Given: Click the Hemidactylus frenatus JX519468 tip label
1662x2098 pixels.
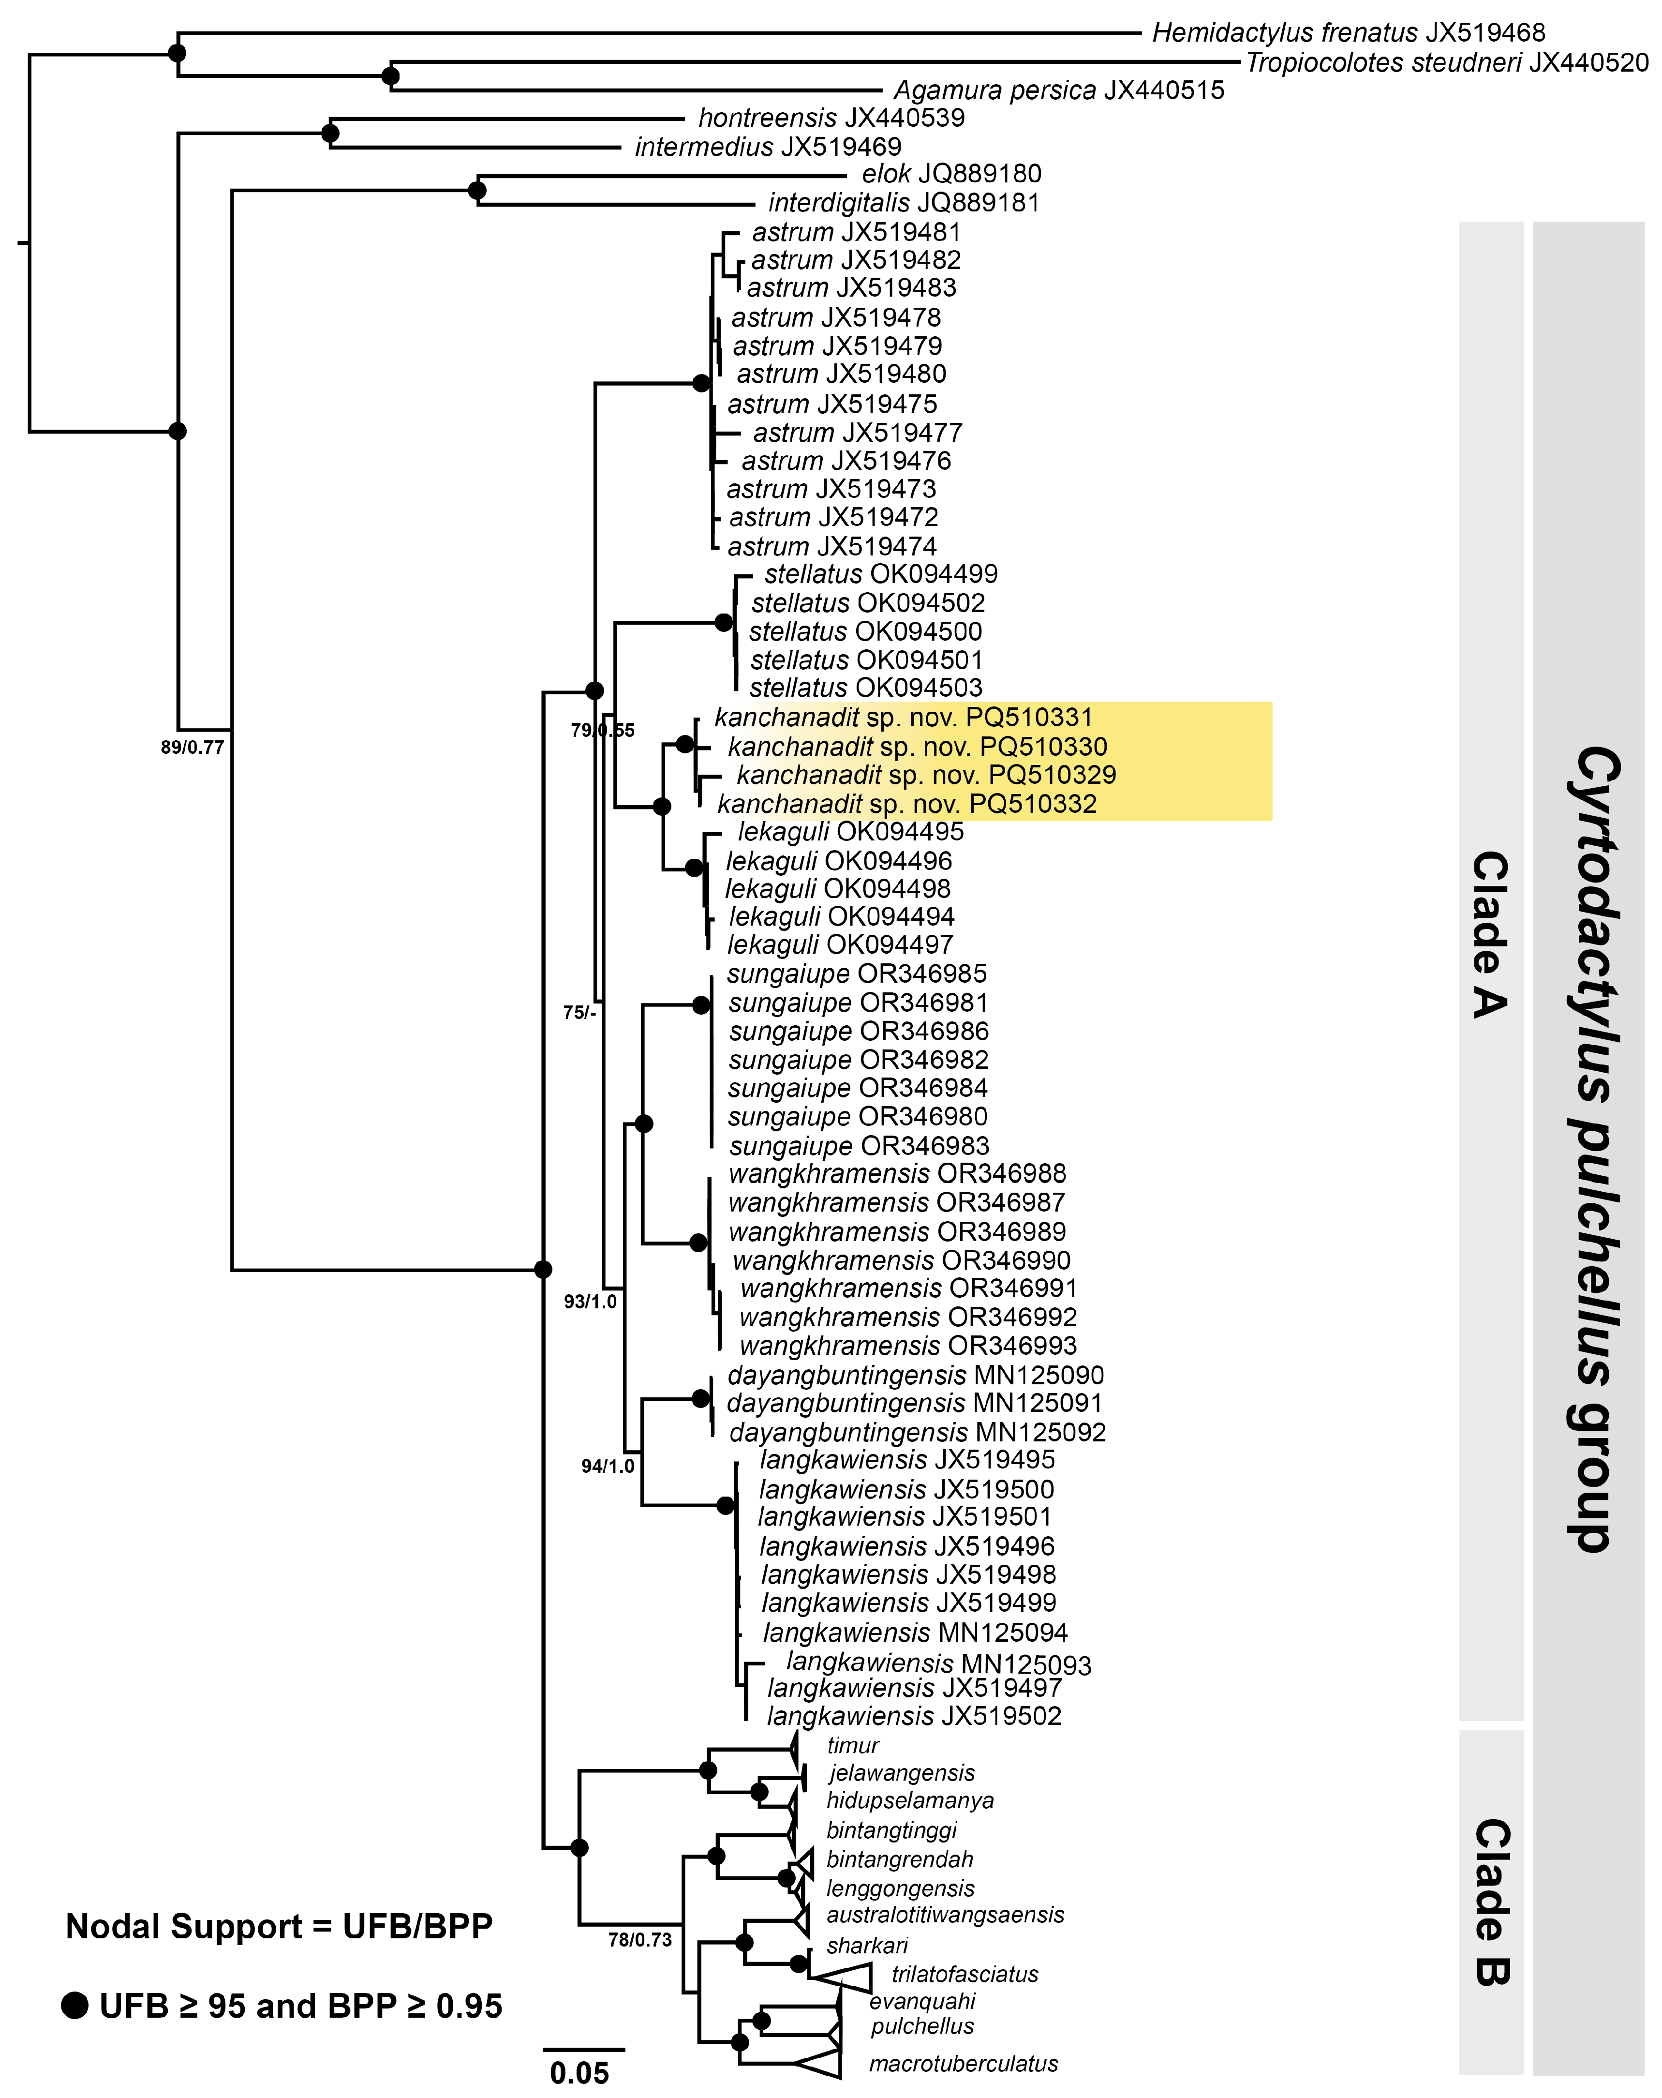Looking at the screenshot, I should tap(1348, 33).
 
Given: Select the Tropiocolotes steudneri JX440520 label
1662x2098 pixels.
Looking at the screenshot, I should tap(1447, 63).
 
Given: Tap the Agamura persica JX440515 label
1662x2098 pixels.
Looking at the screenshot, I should tap(1059, 90).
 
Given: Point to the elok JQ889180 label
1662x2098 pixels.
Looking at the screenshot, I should tap(950, 174).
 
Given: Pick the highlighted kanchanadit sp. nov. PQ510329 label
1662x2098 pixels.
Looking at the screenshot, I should tap(925, 776).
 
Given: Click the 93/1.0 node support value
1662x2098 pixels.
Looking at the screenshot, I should tap(590, 1302).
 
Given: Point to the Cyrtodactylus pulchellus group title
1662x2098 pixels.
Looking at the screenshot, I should tap(1588, 1148).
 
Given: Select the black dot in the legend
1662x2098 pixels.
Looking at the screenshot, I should tap(75, 2006).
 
